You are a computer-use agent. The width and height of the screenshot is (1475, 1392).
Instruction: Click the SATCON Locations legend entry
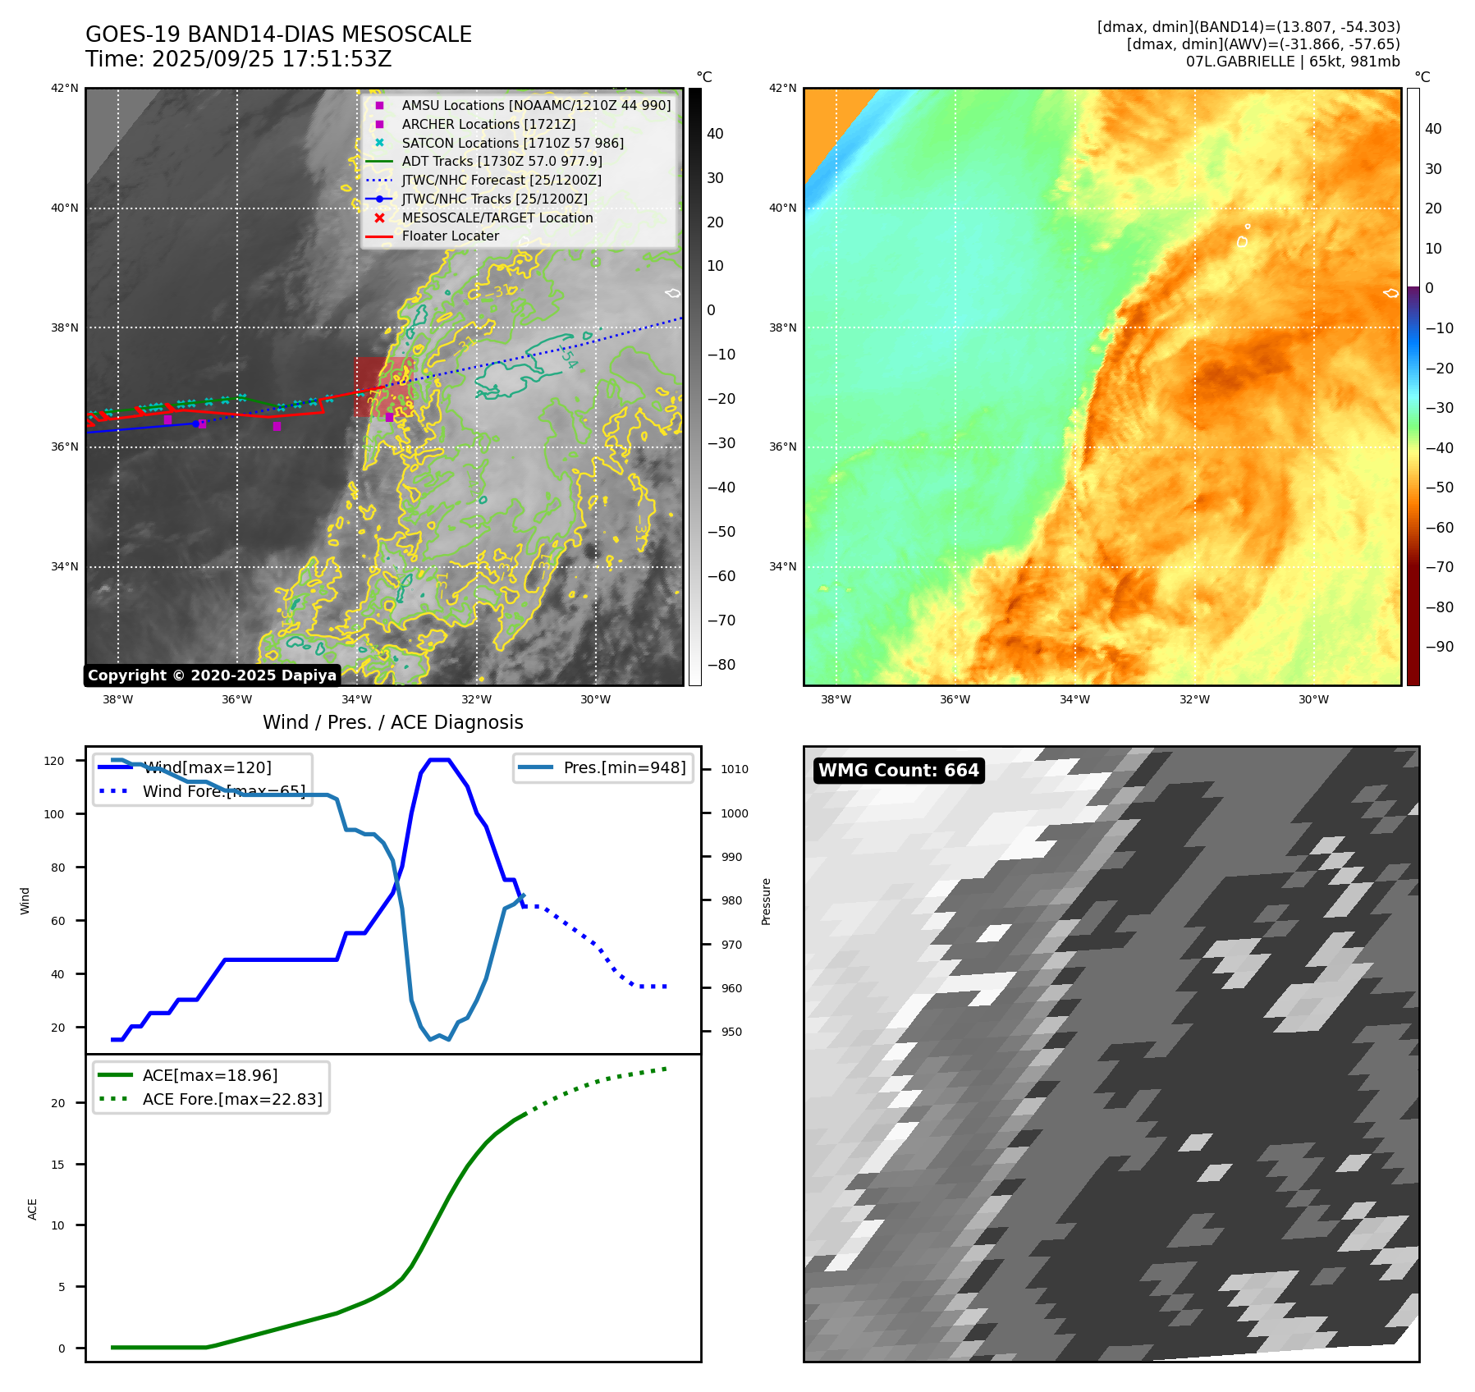click(512, 143)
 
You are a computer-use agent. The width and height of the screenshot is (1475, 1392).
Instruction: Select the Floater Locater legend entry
click(450, 236)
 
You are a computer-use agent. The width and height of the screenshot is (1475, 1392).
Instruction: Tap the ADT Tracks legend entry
click(502, 162)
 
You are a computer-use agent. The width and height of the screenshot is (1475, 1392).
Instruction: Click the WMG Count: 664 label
click(898, 771)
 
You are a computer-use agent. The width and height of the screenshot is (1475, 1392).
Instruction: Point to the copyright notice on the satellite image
click(212, 675)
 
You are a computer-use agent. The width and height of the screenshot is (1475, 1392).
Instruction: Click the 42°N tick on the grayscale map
click(65, 89)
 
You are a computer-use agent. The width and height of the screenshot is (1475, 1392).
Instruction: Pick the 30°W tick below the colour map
click(1313, 700)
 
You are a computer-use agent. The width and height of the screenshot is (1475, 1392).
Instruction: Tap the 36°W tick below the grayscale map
click(236, 700)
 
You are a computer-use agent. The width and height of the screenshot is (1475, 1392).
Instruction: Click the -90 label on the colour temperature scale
click(1439, 647)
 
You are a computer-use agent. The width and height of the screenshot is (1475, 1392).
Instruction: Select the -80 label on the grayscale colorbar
click(721, 665)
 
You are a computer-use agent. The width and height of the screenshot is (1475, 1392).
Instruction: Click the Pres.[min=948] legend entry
click(624, 768)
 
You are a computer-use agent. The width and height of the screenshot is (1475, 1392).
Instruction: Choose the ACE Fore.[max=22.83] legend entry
click(232, 1099)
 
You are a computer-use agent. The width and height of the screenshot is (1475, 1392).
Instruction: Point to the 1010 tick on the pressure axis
click(735, 770)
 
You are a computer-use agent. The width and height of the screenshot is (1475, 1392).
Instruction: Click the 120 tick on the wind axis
click(54, 762)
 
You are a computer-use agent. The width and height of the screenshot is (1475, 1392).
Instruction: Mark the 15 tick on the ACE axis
click(57, 1165)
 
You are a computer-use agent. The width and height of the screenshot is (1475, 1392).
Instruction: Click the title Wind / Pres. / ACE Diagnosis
click(392, 722)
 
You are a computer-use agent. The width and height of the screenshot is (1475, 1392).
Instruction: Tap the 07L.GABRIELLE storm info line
click(1293, 62)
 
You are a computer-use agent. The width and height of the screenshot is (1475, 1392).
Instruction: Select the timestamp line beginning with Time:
click(239, 60)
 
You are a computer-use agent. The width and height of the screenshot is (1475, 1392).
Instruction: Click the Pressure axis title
click(767, 901)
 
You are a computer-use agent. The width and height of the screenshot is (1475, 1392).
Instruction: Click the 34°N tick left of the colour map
click(782, 567)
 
